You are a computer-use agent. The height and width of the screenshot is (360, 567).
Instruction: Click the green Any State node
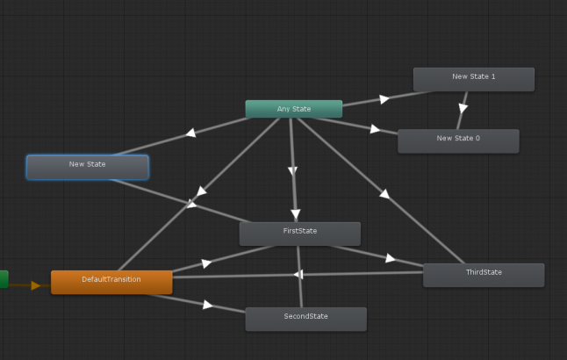coord(293,109)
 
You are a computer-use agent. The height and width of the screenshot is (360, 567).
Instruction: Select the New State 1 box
coord(473,78)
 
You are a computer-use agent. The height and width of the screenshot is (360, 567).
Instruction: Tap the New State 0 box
coord(457,140)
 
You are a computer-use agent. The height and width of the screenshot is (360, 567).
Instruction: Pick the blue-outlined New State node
coord(87,166)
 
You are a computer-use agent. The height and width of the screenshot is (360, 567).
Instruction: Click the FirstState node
coord(299,233)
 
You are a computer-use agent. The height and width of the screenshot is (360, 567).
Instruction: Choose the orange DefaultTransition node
coord(111,281)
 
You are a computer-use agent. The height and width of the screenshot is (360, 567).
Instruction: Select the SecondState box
coord(305,318)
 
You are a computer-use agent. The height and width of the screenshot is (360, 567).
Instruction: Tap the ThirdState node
coord(483,274)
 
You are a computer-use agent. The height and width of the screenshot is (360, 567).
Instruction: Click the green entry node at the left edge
coord(4,279)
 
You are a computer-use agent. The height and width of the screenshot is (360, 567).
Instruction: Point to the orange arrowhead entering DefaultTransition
coord(35,285)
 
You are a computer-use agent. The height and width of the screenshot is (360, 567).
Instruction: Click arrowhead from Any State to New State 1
coord(384,98)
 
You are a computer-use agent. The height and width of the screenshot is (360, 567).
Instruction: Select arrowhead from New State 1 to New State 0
coord(463,109)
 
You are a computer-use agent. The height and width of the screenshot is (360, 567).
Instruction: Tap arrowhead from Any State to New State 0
coord(375,129)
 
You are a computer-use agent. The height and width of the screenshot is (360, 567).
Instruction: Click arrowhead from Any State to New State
coord(190,133)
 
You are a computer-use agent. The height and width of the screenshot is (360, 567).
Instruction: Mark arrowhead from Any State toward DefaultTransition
coord(201,191)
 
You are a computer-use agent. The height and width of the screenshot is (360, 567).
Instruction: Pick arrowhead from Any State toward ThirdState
coord(382,192)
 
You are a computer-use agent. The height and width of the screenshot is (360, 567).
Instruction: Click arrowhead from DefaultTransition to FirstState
coord(206,263)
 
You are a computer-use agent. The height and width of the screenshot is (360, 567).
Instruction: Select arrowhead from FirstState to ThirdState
coord(390,258)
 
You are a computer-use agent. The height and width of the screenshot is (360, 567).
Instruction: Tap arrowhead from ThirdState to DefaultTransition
coord(298,274)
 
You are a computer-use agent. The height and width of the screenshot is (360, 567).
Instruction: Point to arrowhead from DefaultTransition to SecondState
coord(208,305)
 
